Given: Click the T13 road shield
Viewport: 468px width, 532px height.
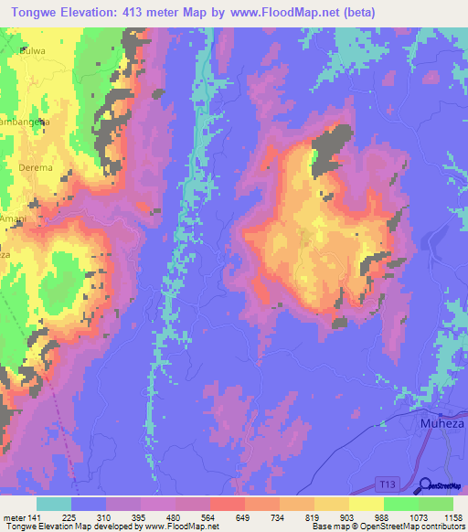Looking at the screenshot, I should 389,481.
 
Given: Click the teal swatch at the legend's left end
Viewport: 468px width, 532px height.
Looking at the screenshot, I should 54,504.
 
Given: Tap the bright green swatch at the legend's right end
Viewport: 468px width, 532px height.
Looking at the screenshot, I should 435,504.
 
